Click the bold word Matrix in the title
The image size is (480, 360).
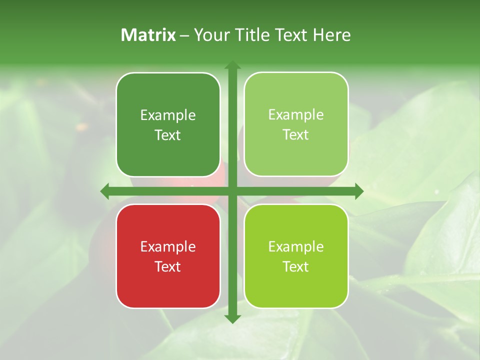pyautogui.click(x=148, y=35)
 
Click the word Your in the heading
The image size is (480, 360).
pyautogui.click(x=209, y=35)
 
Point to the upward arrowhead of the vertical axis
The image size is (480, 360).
pyautogui.click(x=232, y=65)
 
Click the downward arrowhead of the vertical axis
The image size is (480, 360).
pyautogui.click(x=232, y=318)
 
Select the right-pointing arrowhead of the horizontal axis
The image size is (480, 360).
pyautogui.click(x=358, y=191)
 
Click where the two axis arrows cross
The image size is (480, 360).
pyautogui.click(x=232, y=191)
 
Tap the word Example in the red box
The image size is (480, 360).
pyautogui.click(x=168, y=246)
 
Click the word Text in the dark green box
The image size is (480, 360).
pyautogui.click(x=168, y=135)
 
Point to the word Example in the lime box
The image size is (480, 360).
pyautogui.click(x=296, y=246)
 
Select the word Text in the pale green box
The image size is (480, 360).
pyautogui.click(x=296, y=135)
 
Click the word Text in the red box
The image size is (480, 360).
pyautogui.click(x=168, y=266)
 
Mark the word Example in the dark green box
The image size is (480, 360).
pyautogui.click(x=168, y=115)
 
